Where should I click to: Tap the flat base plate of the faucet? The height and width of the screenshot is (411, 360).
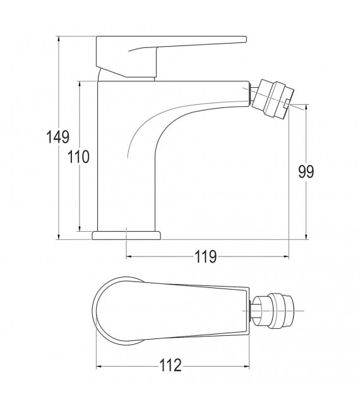pos(126,235)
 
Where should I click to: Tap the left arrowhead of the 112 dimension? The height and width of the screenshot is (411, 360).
pos(99,366)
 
